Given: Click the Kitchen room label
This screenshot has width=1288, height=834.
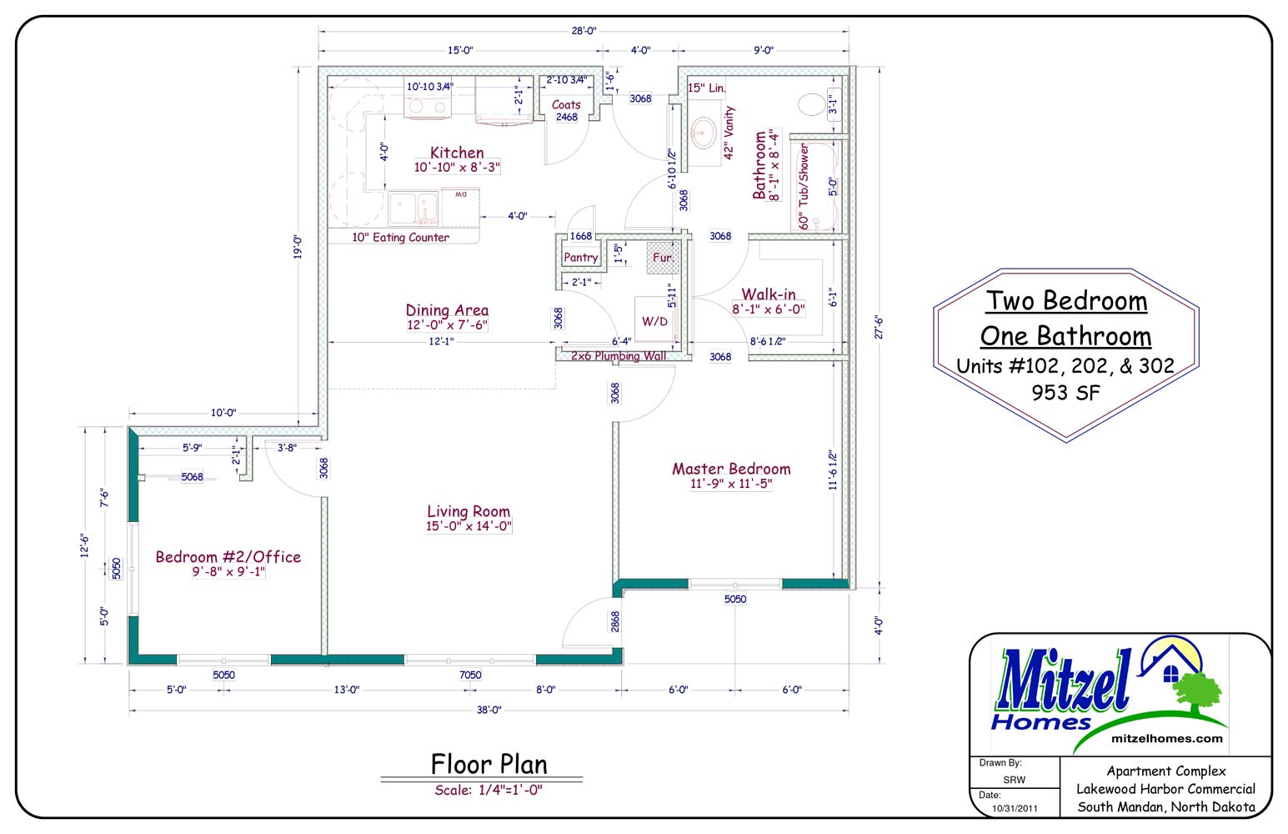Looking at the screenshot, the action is pyautogui.click(x=457, y=153).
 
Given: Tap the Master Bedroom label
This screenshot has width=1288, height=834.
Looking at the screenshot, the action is pyautogui.click(x=731, y=469).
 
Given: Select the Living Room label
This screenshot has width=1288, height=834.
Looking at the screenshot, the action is pyautogui.click(x=469, y=511).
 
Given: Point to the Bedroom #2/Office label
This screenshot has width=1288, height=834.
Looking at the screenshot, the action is pyautogui.click(x=228, y=557).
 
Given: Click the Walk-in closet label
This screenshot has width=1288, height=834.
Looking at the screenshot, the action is pyautogui.click(x=769, y=294).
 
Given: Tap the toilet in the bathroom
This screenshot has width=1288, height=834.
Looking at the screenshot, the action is pyautogui.click(x=811, y=104).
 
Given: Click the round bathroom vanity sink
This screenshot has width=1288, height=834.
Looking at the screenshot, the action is pyautogui.click(x=703, y=133).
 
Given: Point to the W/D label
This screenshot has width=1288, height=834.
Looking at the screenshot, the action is pyautogui.click(x=655, y=321).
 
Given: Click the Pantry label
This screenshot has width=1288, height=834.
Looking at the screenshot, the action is pyautogui.click(x=581, y=257).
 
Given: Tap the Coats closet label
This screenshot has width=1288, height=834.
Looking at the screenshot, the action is pyautogui.click(x=566, y=105).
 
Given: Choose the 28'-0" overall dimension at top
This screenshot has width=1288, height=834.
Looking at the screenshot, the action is pyautogui.click(x=584, y=31).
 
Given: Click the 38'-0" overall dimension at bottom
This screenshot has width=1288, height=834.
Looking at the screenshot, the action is pyautogui.click(x=489, y=710).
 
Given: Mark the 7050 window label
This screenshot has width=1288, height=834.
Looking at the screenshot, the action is pyautogui.click(x=470, y=675).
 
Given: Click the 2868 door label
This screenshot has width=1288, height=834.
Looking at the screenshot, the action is pyautogui.click(x=615, y=621).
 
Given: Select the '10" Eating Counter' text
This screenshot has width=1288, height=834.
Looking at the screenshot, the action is pyautogui.click(x=401, y=237).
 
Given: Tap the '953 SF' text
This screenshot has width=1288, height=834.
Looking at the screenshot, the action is pyautogui.click(x=1065, y=393).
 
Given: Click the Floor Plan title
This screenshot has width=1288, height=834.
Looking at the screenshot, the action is pyautogui.click(x=489, y=765).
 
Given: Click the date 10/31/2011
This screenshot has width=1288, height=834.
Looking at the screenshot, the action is pyautogui.click(x=1015, y=809).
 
